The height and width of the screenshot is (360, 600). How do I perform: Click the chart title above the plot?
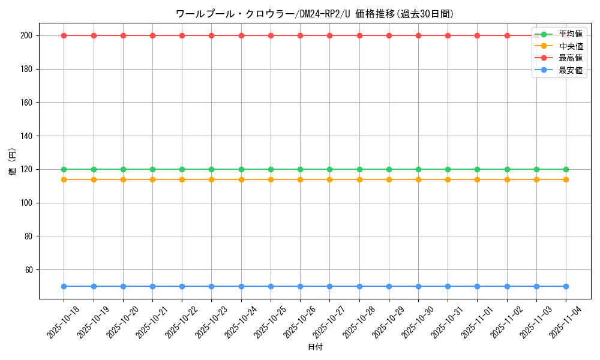[314, 13]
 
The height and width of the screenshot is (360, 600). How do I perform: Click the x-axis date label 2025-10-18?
[63, 322]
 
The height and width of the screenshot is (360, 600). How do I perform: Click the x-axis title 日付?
[315, 347]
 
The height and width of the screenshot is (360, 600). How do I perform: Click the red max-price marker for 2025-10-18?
[64, 35]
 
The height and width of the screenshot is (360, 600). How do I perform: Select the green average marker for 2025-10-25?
[271, 169]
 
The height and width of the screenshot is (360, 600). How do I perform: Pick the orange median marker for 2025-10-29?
[389, 179]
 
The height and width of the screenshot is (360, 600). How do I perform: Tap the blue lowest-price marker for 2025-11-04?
[566, 286]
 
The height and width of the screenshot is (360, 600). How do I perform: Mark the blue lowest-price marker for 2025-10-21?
[152, 286]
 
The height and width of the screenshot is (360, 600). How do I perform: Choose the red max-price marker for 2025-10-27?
[329, 35]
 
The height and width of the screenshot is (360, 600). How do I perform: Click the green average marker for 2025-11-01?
[477, 169]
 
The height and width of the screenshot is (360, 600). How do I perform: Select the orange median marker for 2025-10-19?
[94, 179]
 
